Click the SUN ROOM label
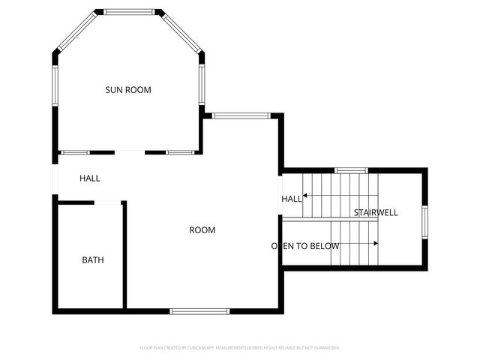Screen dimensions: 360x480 (x=127, y=90)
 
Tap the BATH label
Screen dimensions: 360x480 (x=93, y=260)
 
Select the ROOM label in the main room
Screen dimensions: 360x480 (x=202, y=230)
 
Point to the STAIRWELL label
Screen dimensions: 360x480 (x=376, y=213)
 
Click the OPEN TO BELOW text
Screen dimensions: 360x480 (x=305, y=246)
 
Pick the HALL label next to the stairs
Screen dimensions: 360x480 (x=292, y=199)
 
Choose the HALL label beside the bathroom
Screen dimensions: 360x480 (x=90, y=178)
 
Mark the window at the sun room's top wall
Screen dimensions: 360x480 (x=128, y=12)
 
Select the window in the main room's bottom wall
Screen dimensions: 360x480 (x=199, y=311)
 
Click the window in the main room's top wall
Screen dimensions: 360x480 (x=241, y=115)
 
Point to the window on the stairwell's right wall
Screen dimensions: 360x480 (x=424, y=221)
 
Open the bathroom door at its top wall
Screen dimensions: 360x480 (x=108, y=202)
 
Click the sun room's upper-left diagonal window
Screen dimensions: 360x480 (x=76, y=31)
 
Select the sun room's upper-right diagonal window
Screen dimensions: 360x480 (x=181, y=31)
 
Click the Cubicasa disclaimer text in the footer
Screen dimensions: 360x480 (x=240, y=348)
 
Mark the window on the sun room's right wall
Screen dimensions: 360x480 (x=201, y=84)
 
